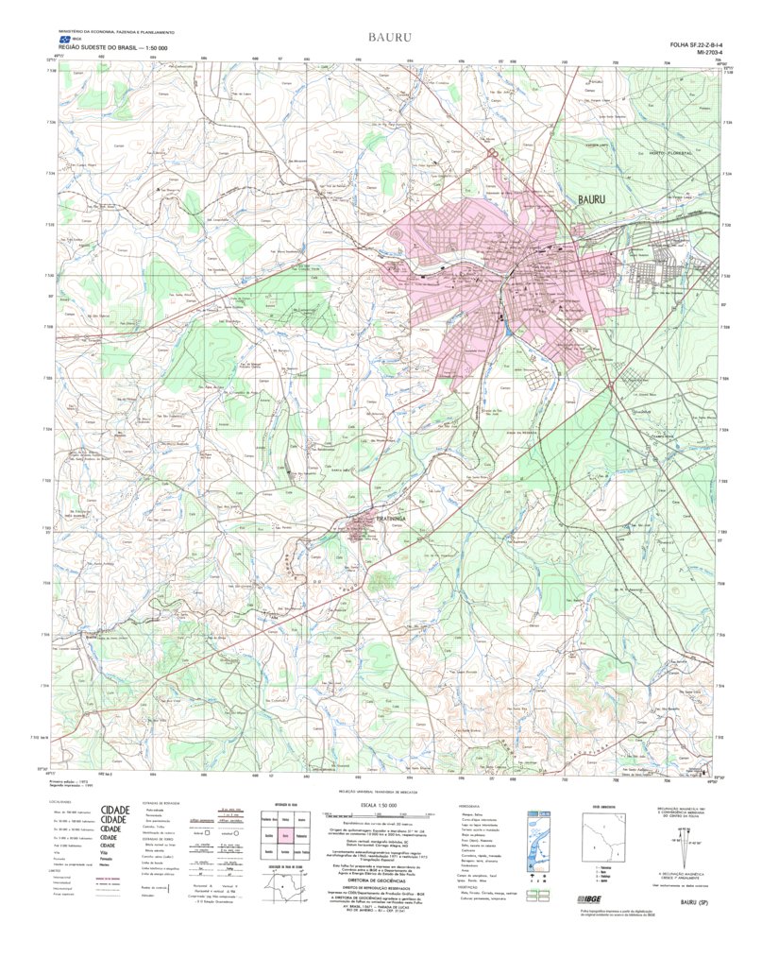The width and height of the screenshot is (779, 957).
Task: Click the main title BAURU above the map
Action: coord(389,37)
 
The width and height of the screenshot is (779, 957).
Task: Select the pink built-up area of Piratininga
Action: coord(361,527)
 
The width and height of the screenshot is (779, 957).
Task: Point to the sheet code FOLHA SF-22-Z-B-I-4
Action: coord(695,45)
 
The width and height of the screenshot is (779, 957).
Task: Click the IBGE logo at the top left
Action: coord(65,40)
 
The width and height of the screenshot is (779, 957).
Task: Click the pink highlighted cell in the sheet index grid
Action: coord(284,836)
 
